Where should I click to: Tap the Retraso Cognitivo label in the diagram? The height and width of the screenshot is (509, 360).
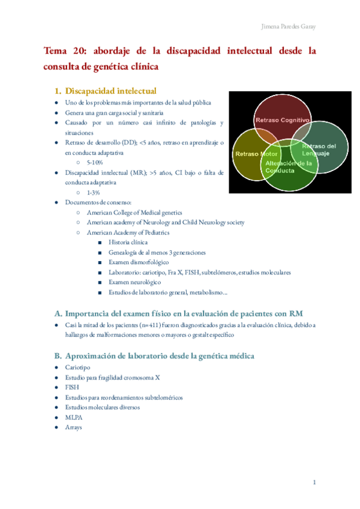[x=282, y=121]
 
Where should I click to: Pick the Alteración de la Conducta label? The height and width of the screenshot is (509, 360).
[x=289, y=167]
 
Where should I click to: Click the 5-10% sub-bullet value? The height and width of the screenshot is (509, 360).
[x=94, y=162]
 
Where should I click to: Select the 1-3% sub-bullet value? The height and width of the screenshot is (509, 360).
[x=92, y=192]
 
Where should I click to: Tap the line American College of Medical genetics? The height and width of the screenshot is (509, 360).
[x=134, y=212]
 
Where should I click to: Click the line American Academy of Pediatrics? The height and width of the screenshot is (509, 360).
[x=128, y=232]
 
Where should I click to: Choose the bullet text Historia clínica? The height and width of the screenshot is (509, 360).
[x=128, y=242]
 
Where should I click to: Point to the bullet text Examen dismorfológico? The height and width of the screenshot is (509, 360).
[x=139, y=262]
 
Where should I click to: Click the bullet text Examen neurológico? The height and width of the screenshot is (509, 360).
[x=134, y=282]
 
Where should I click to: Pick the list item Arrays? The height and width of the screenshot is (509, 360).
[x=74, y=427]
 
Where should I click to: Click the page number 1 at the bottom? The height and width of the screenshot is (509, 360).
[x=313, y=483]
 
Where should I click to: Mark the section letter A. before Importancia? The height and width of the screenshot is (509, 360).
[x=58, y=313]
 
